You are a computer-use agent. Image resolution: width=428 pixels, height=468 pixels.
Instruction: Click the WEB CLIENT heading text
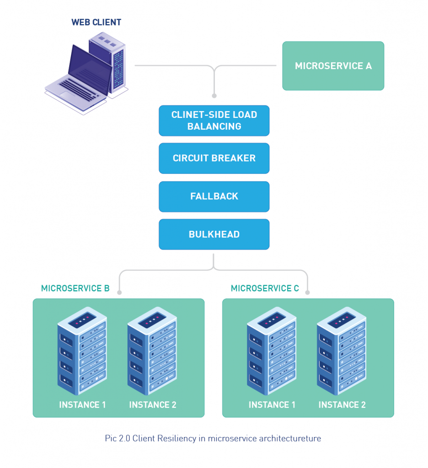tap(96, 22)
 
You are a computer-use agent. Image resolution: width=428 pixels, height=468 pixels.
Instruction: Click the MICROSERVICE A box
tap(333, 66)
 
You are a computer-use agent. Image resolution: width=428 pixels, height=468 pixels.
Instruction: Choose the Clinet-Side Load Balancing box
tap(214, 121)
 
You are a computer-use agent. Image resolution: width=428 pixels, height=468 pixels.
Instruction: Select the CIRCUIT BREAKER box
tap(214, 158)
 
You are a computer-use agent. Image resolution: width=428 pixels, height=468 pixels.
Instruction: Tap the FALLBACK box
tap(214, 197)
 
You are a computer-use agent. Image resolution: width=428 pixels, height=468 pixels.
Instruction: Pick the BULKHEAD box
tap(214, 234)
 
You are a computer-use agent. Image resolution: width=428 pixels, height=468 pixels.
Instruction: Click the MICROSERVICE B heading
tap(75, 288)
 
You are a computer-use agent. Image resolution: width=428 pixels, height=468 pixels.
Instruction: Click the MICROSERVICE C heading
tap(265, 288)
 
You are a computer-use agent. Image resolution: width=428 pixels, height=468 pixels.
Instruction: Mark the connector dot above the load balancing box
tap(214, 96)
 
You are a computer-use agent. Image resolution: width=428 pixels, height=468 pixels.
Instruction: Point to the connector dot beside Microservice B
tap(119, 292)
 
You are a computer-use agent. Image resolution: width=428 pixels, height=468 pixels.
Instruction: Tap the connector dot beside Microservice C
tap(308, 292)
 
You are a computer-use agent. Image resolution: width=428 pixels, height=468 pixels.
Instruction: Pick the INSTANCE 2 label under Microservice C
tap(342, 405)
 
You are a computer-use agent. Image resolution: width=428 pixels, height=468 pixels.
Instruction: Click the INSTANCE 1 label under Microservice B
tap(82, 405)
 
